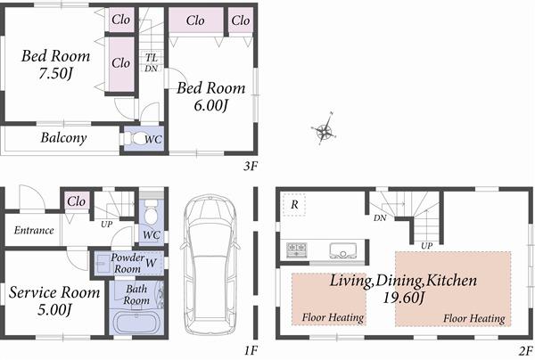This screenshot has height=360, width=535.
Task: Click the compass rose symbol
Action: (324, 133)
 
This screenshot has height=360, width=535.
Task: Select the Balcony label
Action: (63, 138)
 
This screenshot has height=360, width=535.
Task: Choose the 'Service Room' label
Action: (54, 292)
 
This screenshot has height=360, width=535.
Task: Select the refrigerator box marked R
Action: (293, 205)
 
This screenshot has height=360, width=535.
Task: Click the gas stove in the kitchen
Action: (295, 249)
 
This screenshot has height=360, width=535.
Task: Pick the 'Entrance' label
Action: (34, 230)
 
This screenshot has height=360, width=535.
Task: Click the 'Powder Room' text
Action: (128, 263)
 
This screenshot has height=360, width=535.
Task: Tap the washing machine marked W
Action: (152, 262)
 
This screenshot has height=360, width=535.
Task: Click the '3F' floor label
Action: (251, 165)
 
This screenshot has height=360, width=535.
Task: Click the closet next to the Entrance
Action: (77, 201)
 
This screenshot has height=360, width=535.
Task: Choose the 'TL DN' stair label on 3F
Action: (151, 63)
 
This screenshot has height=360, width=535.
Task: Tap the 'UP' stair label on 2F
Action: (427, 245)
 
